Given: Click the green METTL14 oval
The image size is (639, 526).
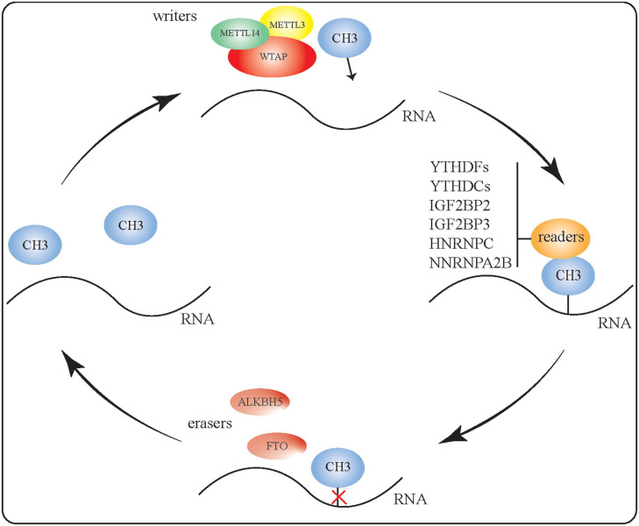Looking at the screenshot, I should tap(238, 34).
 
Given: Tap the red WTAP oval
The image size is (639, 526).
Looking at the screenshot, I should tap(273, 59).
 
